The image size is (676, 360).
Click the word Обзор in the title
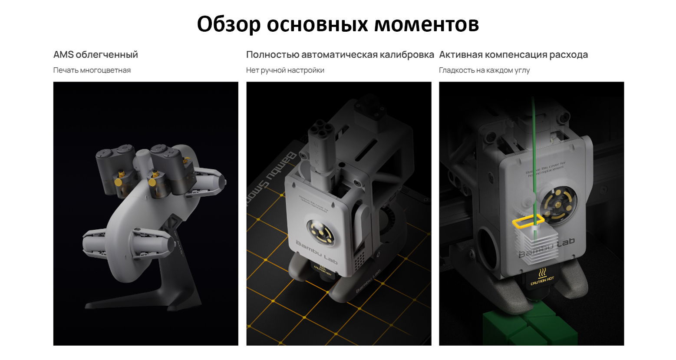click(x=228, y=24)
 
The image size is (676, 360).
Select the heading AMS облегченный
click(x=96, y=55)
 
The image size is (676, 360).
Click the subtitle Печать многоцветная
click(x=92, y=70)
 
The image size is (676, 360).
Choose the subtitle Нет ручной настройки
click(x=285, y=70)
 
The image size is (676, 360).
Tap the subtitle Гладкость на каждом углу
click(x=484, y=70)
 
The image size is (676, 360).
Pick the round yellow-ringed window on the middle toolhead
click(x=320, y=233)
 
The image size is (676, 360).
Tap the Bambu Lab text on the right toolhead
click(x=547, y=248)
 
